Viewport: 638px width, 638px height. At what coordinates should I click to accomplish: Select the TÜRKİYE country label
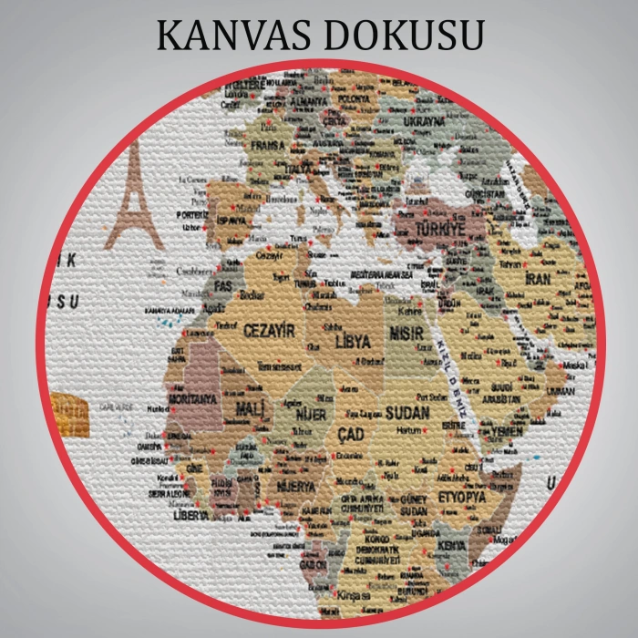(440, 228)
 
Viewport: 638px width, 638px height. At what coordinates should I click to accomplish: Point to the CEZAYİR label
(269, 331)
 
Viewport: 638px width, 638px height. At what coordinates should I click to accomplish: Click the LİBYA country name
(353, 342)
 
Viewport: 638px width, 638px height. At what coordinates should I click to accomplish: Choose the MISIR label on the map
(406, 334)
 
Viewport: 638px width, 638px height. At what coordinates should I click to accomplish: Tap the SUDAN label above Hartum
(407, 413)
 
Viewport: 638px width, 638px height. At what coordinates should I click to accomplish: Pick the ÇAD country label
(350, 434)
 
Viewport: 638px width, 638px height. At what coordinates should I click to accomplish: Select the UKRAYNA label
(424, 119)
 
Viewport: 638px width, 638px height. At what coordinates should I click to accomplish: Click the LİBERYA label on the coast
(191, 515)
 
